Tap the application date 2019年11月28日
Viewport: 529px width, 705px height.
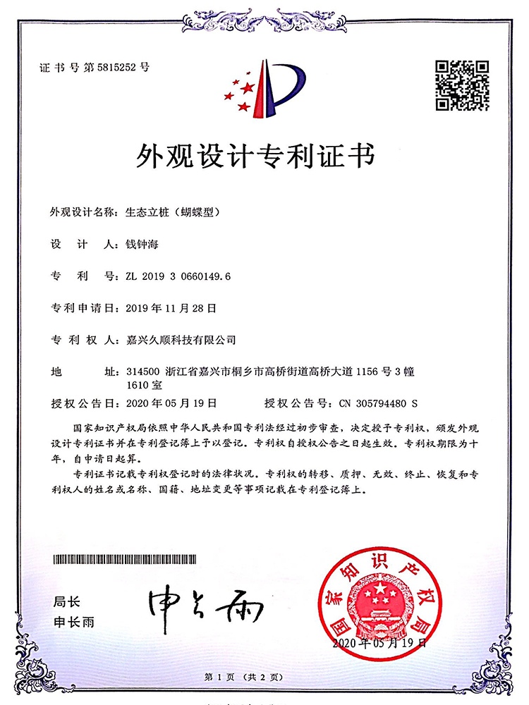click(170, 308)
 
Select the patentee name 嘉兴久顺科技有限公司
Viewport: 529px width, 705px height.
click(180, 340)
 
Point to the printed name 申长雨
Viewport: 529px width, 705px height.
click(74, 623)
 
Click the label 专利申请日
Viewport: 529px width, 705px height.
click(77, 308)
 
